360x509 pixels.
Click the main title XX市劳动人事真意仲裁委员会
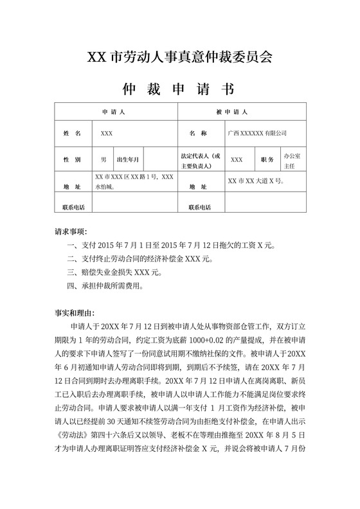[180, 57]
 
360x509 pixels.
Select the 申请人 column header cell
[116, 112]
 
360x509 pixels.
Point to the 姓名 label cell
[72, 133]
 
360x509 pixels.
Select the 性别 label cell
[72, 159]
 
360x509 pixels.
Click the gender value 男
[103, 159]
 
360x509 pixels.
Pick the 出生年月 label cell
[128, 159]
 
